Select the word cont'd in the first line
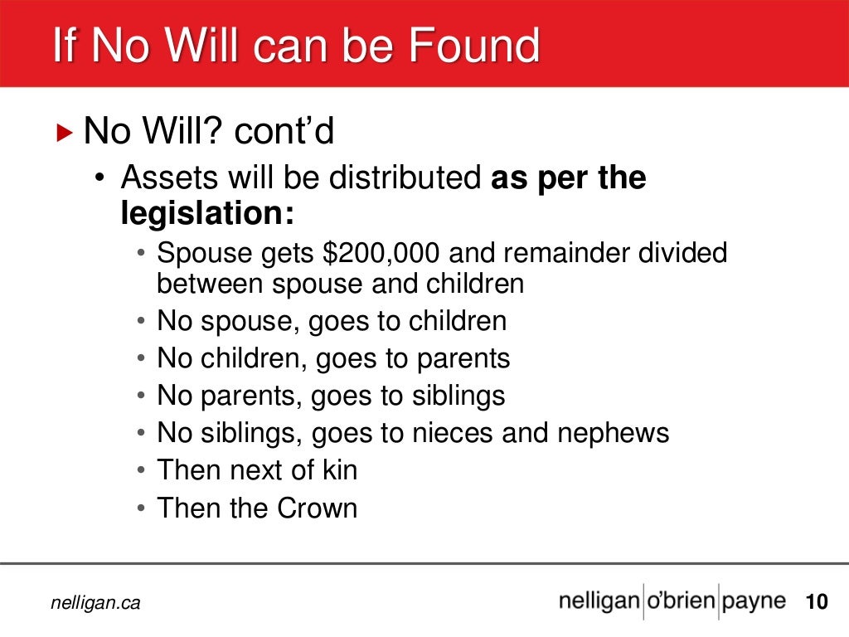284,132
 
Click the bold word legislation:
208,214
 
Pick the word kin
339,470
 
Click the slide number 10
817,602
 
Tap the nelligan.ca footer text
96,604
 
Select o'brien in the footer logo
680,601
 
